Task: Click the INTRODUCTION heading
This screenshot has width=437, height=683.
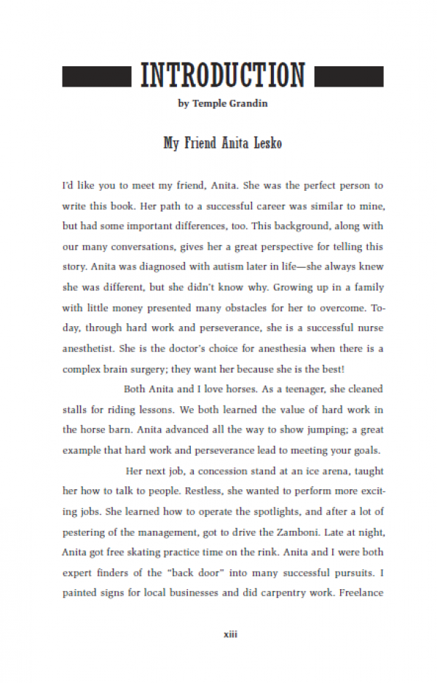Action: coord(222,75)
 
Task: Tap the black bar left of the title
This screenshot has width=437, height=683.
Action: coord(96,76)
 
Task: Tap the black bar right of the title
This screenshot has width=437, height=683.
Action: coord(348,76)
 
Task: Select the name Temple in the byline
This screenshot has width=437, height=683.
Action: coord(208,103)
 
